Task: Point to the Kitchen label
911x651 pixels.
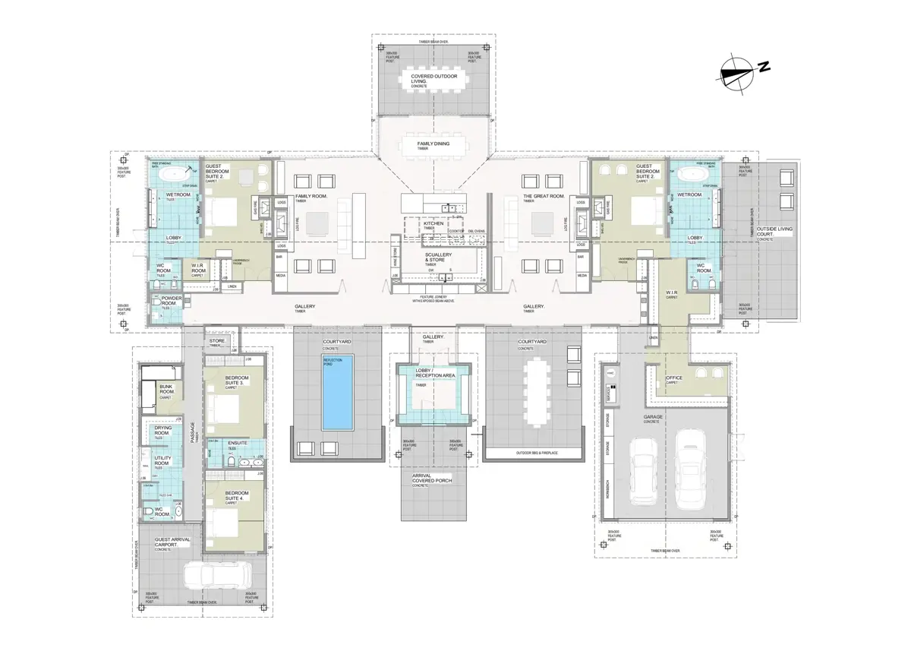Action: click(x=433, y=223)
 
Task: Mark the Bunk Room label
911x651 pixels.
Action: click(x=167, y=389)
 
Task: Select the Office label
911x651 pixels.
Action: click(x=674, y=378)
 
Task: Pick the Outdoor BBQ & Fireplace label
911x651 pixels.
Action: click(x=533, y=454)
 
